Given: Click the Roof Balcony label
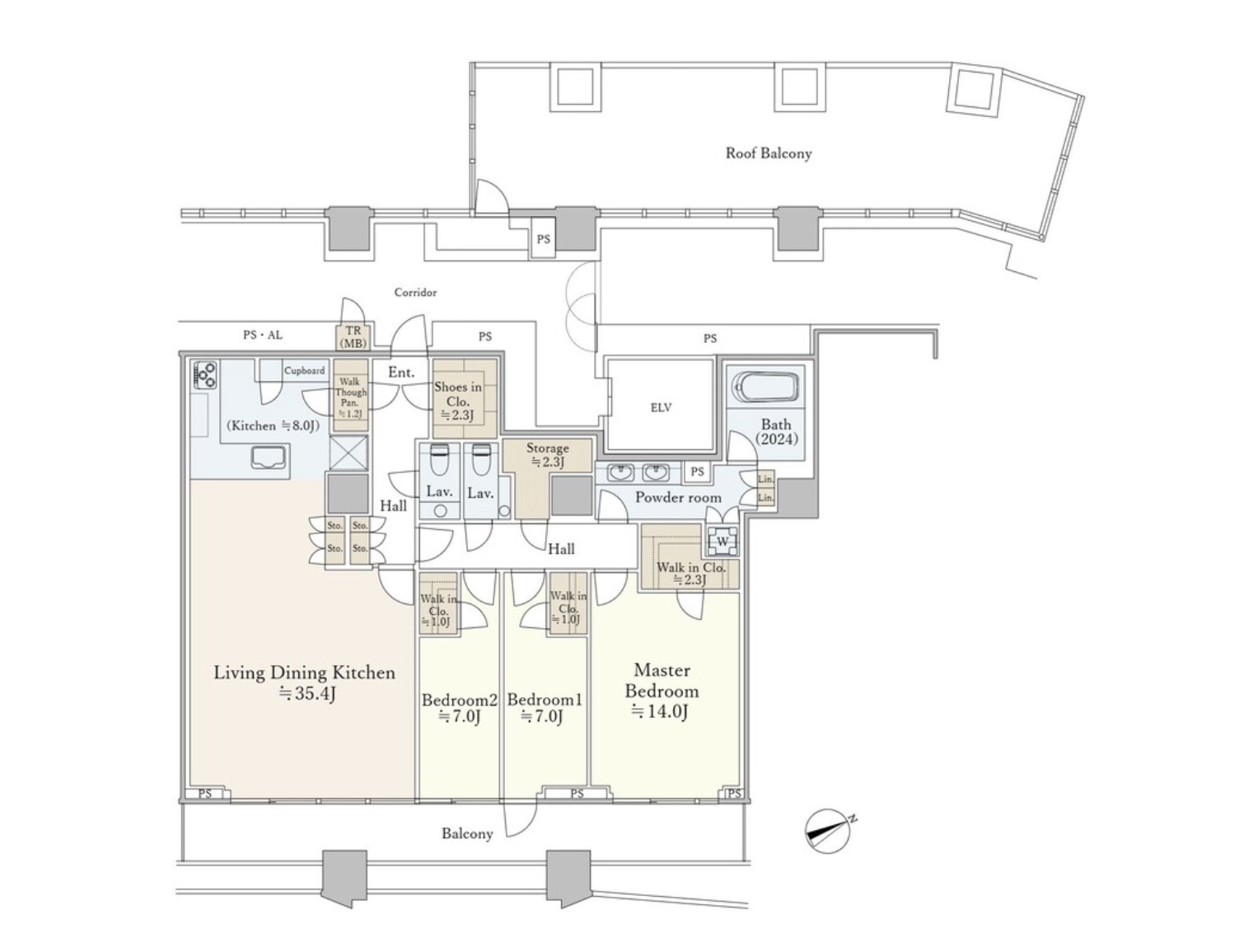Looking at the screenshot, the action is point(768,153).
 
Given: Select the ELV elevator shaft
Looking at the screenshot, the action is point(660,407).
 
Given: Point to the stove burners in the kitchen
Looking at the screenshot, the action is point(204,375).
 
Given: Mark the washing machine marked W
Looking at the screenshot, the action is point(723,541).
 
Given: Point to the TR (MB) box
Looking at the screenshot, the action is point(353,336).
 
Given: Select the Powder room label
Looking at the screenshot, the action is point(677,498).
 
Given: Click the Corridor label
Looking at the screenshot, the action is point(415,293).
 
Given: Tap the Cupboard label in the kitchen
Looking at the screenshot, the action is point(304,371).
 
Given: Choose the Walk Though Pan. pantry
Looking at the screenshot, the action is point(350,397).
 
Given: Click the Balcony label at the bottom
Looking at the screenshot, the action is point(467,833).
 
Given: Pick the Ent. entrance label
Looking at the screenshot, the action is point(401,373).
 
